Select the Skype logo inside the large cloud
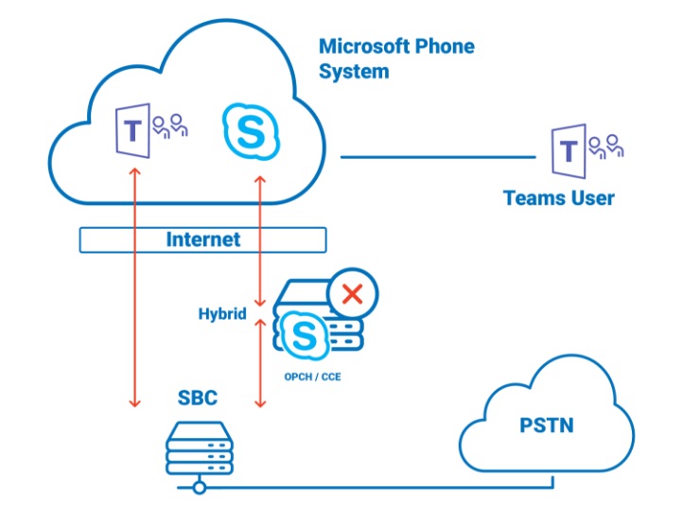(251, 131)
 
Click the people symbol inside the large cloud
(171, 126)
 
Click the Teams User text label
(558, 198)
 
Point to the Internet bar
(202, 239)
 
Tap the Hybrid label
(221, 313)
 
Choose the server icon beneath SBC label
(199, 447)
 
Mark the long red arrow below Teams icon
(134, 284)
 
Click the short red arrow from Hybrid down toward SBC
(260, 359)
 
